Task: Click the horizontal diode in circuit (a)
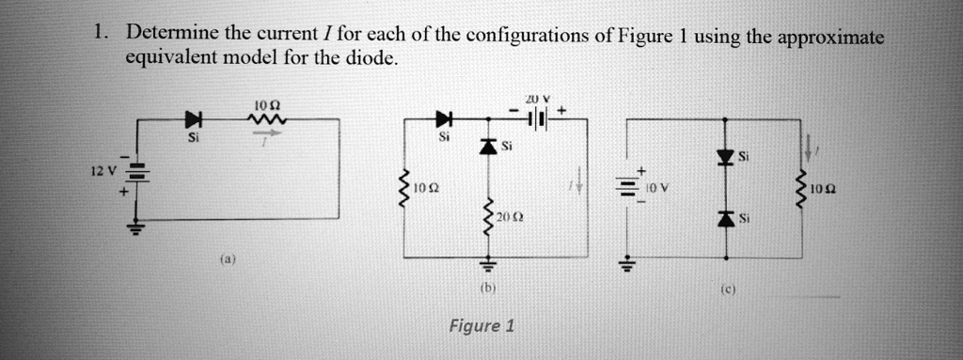[x=194, y=119]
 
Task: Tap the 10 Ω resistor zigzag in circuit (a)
[x=263, y=118]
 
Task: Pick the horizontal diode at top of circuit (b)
[x=443, y=119]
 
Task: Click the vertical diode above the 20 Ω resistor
[x=487, y=145]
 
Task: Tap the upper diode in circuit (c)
[x=725, y=156]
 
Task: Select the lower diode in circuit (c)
[x=725, y=218]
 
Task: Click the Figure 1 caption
[x=481, y=326]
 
